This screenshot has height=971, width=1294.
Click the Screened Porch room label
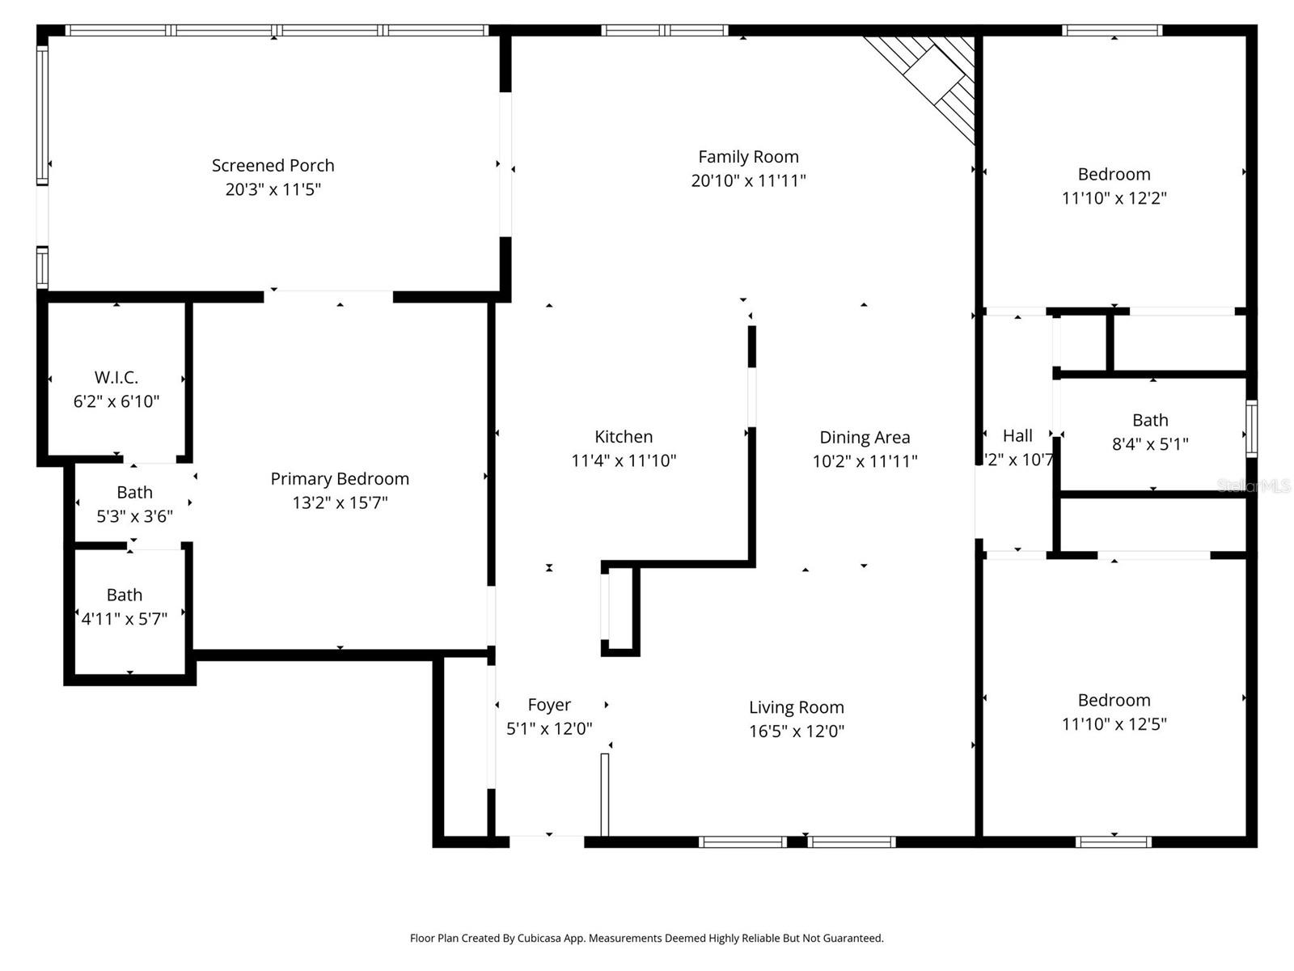click(x=273, y=165)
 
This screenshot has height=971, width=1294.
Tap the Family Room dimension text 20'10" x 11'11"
click(x=748, y=180)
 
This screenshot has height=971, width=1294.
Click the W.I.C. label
click(x=116, y=377)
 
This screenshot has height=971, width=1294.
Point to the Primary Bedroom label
click(x=340, y=478)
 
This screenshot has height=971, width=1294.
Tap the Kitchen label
click(x=624, y=437)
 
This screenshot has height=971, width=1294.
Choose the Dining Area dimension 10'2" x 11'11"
click(x=865, y=461)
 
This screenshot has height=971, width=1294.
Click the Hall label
click(x=1017, y=436)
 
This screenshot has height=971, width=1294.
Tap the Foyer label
click(x=549, y=705)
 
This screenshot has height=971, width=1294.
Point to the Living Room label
click(x=796, y=707)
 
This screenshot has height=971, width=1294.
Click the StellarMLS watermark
click(x=1254, y=485)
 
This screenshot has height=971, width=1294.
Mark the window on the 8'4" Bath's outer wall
click(x=1251, y=428)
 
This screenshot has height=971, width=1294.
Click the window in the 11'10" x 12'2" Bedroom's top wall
click(x=1113, y=31)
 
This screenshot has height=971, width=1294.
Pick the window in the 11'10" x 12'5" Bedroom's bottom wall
click(x=1114, y=842)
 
